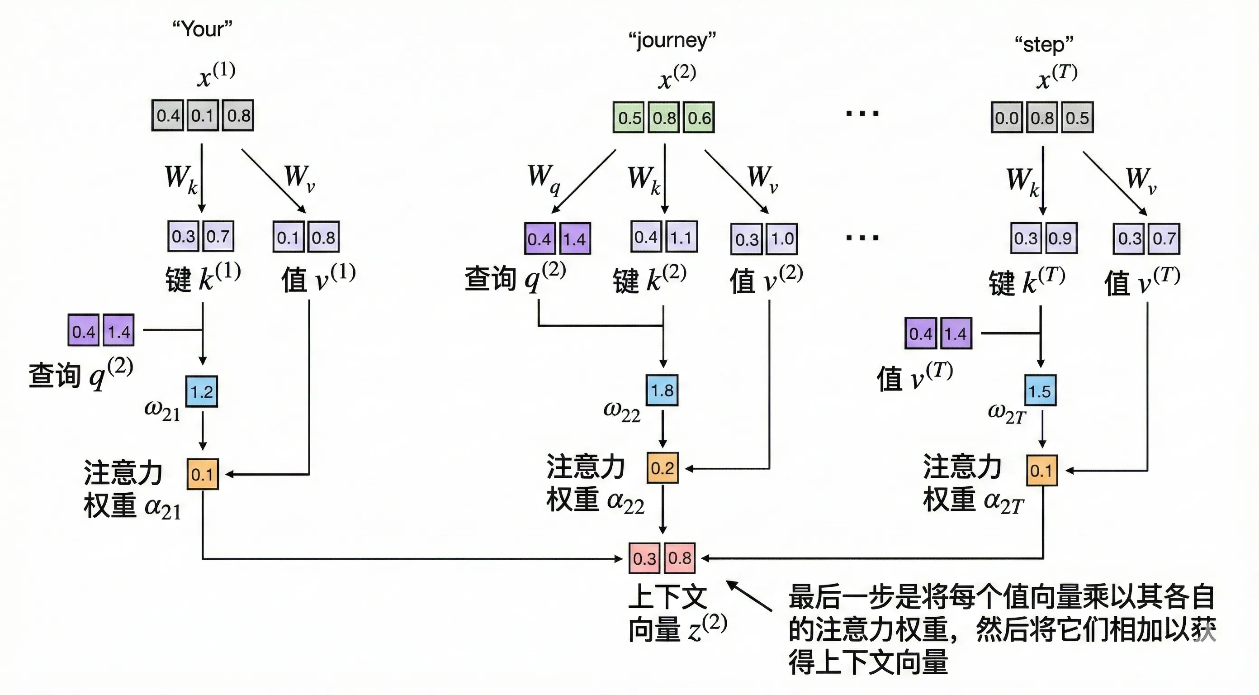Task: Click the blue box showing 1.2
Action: coord(201,391)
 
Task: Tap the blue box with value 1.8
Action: coord(662,390)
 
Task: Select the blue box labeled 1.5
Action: coord(1040,391)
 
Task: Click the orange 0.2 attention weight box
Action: coord(662,468)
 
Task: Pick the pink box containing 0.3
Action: coord(644,558)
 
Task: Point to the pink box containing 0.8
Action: coord(679,558)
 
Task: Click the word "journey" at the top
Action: coord(672,40)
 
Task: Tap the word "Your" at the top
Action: coord(202,29)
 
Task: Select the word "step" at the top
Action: coord(1043,44)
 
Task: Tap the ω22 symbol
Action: coord(621,411)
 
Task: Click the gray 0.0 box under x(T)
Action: coord(1006,117)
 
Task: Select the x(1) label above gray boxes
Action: coord(216,74)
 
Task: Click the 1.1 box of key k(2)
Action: coord(681,237)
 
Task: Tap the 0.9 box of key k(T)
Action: coord(1060,238)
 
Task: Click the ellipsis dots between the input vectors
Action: coord(862,114)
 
